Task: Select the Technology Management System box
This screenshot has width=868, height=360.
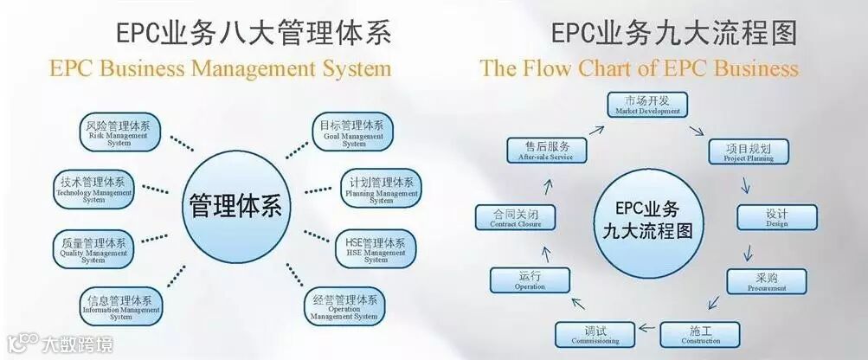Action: pos(93,188)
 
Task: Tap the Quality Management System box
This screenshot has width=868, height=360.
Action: pos(93,247)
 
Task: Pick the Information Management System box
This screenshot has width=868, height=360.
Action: pos(121,305)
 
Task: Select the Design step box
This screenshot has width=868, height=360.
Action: pos(776,216)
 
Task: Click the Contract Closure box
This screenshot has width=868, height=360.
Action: pos(517,217)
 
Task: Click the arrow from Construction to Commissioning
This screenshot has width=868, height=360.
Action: pos(646,331)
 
